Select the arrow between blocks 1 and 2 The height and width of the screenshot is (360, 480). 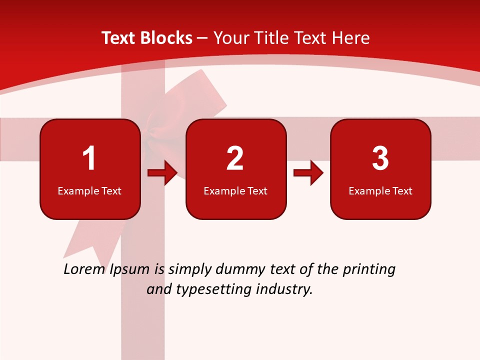pyautogui.click(x=163, y=173)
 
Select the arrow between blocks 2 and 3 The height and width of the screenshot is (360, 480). pyautogui.click(x=308, y=173)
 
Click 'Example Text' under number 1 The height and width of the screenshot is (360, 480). pyautogui.click(x=89, y=191)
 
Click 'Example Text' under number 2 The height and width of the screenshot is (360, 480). pyautogui.click(x=235, y=191)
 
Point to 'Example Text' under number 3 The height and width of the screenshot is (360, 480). pyautogui.click(x=380, y=191)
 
